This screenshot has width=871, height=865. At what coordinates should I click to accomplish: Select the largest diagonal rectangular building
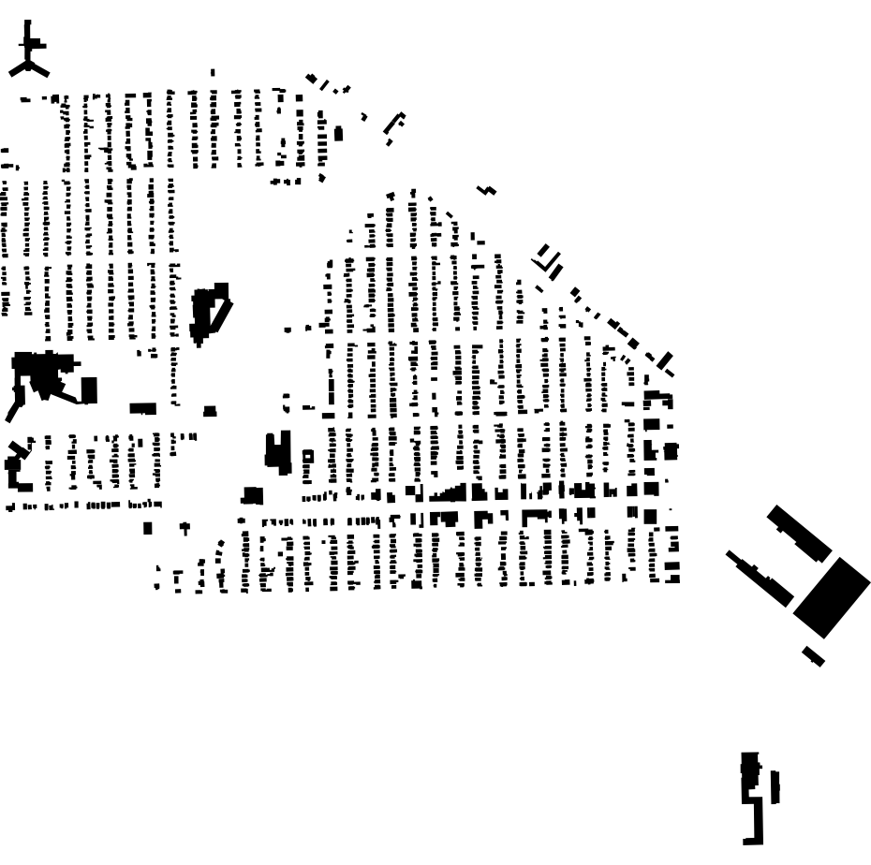832,596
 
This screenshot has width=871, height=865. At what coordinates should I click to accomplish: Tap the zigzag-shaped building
486,190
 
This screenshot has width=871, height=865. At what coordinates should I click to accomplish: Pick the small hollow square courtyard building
307,456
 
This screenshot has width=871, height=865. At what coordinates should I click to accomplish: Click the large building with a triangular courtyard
210,311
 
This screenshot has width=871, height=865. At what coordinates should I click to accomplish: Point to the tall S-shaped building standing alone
750,796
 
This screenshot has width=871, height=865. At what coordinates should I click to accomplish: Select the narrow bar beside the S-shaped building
775,786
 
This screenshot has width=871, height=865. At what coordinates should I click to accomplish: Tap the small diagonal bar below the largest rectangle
813,656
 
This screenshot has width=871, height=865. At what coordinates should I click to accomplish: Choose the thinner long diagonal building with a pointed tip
760,576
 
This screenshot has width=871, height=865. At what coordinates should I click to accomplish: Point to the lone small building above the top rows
213,72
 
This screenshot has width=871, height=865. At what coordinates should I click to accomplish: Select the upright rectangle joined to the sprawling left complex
89,389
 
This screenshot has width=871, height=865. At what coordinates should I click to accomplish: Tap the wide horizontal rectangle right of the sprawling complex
142,408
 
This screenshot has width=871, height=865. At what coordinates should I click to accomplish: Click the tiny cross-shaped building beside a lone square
185,528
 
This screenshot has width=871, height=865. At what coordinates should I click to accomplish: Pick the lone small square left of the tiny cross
147,527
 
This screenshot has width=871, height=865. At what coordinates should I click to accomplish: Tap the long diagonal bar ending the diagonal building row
664,360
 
